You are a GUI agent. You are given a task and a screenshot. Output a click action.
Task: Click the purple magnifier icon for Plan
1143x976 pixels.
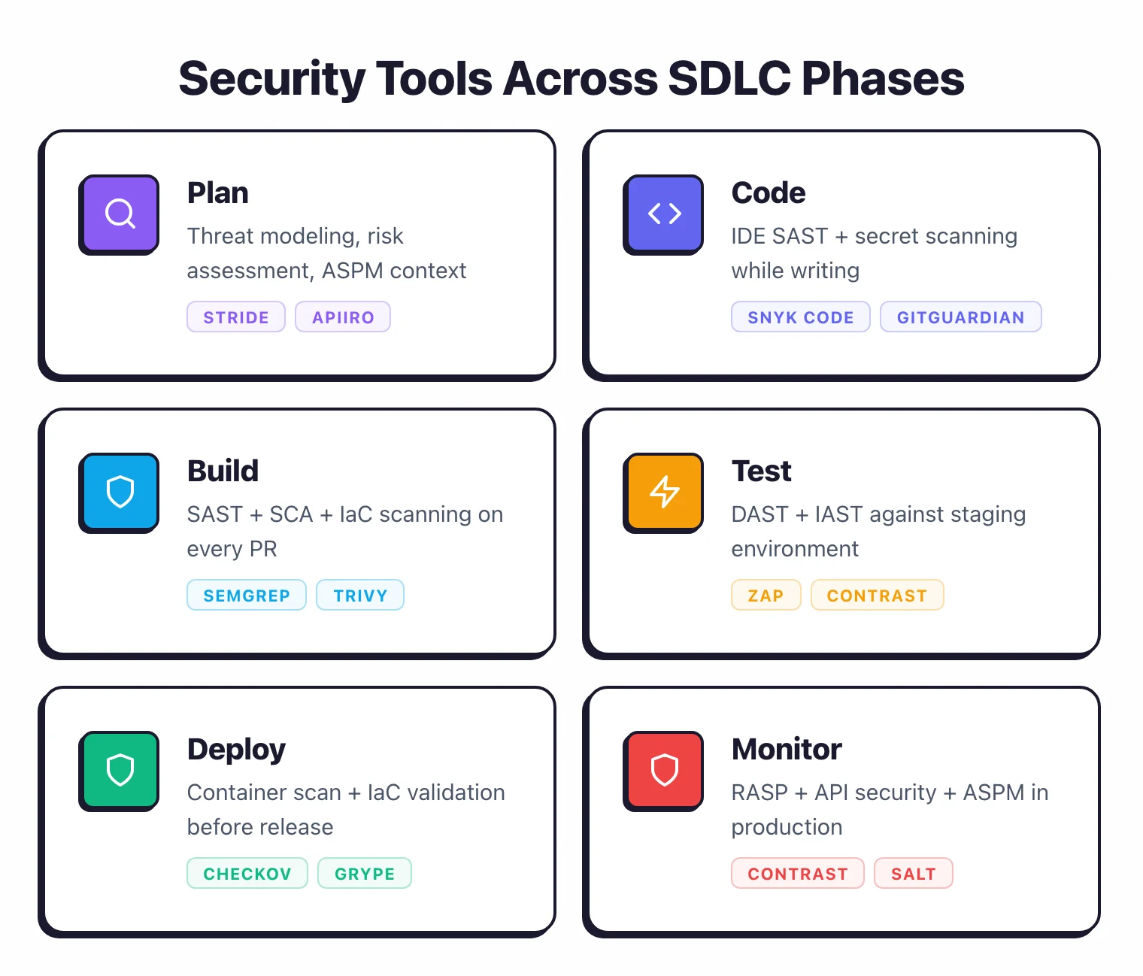[120, 214]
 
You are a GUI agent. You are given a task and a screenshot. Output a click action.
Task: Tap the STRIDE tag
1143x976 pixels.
[236, 317]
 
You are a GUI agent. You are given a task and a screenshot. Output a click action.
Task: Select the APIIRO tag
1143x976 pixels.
[343, 317]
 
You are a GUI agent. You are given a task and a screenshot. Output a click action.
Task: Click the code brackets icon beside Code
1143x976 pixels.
[664, 214]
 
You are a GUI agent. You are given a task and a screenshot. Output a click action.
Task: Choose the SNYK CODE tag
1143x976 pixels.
[800, 317]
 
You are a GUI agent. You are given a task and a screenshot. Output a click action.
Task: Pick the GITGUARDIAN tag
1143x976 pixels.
[960, 317]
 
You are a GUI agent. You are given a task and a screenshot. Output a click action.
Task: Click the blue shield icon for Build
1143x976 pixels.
[120, 492]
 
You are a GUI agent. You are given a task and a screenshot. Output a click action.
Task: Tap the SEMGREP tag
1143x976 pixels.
[247, 595]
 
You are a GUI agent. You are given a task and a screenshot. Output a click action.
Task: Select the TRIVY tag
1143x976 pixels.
[360, 595]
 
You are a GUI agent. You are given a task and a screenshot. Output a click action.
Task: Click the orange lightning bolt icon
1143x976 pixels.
[664, 492]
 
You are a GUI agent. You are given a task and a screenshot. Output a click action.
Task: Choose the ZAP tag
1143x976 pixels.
[766, 595]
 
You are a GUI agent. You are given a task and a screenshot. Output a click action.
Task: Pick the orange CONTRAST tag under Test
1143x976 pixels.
[877, 595]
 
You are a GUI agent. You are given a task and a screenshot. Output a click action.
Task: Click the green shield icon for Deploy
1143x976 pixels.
[120, 770]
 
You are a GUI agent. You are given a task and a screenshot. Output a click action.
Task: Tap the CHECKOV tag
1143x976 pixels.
[247, 873]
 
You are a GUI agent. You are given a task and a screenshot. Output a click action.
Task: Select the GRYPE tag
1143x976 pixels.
[365, 873]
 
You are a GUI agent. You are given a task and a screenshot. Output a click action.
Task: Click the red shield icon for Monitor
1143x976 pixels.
[664, 770]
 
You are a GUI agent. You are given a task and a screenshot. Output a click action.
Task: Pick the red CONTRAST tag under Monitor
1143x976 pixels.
[797, 873]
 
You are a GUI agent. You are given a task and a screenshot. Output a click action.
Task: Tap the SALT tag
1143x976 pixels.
[913, 873]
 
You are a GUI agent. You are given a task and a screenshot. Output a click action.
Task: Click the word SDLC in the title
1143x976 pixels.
[729, 78]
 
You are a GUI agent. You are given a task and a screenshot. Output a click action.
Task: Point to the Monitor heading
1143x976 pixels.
[786, 749]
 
